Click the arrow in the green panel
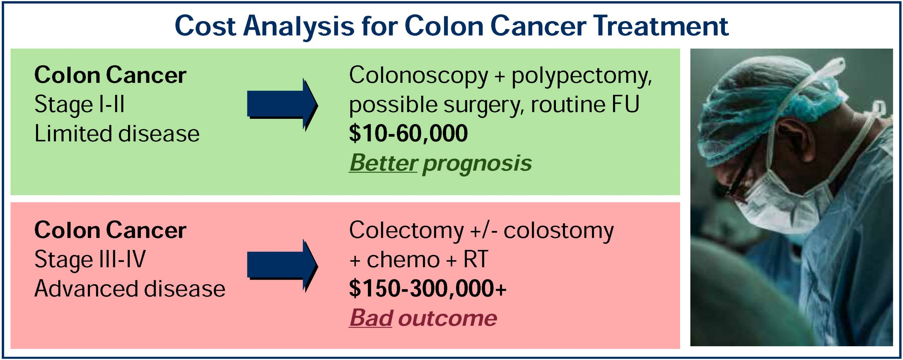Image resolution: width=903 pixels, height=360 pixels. click(283, 105)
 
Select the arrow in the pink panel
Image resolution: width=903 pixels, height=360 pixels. click(283, 266)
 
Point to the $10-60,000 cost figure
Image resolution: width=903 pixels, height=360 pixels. click(408, 133)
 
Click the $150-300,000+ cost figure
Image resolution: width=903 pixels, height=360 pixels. click(428, 288)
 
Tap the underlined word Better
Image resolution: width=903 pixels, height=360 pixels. click(383, 163)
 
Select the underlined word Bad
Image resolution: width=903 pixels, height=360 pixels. click(370, 318)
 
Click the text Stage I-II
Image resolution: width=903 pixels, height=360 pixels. click(79, 105)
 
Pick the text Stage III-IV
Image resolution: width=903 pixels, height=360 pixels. click(90, 260)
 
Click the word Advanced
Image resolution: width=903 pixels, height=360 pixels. click(86, 288)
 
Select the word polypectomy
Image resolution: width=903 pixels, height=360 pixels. click(582, 76)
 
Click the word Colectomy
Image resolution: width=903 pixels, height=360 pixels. click(406, 231)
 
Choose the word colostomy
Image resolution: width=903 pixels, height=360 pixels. click(559, 231)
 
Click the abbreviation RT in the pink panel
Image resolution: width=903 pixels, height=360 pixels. click(475, 260)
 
